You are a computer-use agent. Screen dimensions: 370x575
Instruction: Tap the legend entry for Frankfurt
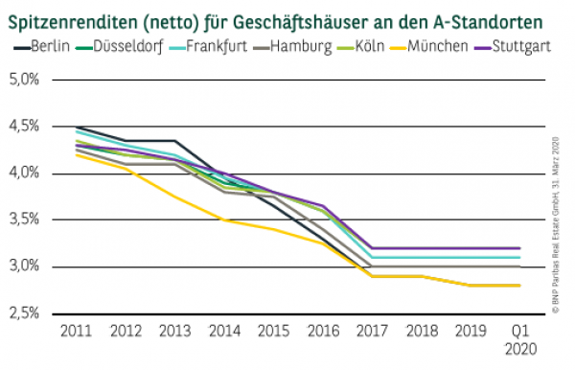click(x=209, y=46)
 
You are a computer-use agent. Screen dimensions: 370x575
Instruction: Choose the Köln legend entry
click(x=363, y=46)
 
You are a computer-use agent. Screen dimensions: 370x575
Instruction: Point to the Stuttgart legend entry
click(x=518, y=46)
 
